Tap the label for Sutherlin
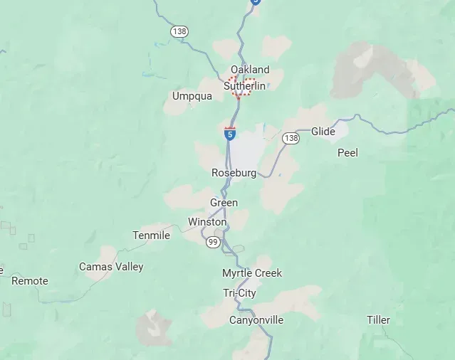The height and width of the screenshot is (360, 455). tap(245, 85)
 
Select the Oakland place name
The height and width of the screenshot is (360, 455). tap(250, 69)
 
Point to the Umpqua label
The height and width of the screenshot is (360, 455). tap(192, 96)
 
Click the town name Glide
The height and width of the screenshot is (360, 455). tap(323, 132)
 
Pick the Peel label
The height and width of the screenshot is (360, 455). tap(347, 152)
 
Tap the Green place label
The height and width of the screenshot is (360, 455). tap(224, 203)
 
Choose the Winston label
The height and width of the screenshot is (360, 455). tap(207, 221)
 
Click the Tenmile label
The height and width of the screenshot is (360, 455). tap(151, 235)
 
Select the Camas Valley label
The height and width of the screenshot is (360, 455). tap(111, 267)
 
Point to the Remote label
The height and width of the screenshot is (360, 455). tap(30, 280)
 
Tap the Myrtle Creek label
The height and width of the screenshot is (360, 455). tap(252, 273)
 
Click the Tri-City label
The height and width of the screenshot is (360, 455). tap(239, 293)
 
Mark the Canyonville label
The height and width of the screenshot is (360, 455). tap(256, 320)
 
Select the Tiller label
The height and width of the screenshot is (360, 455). tap(379, 319)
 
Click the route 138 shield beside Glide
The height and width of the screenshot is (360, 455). tap(291, 138)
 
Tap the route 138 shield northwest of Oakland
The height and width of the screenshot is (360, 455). tap(179, 31)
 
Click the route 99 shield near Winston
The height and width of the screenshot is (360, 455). tap(213, 243)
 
